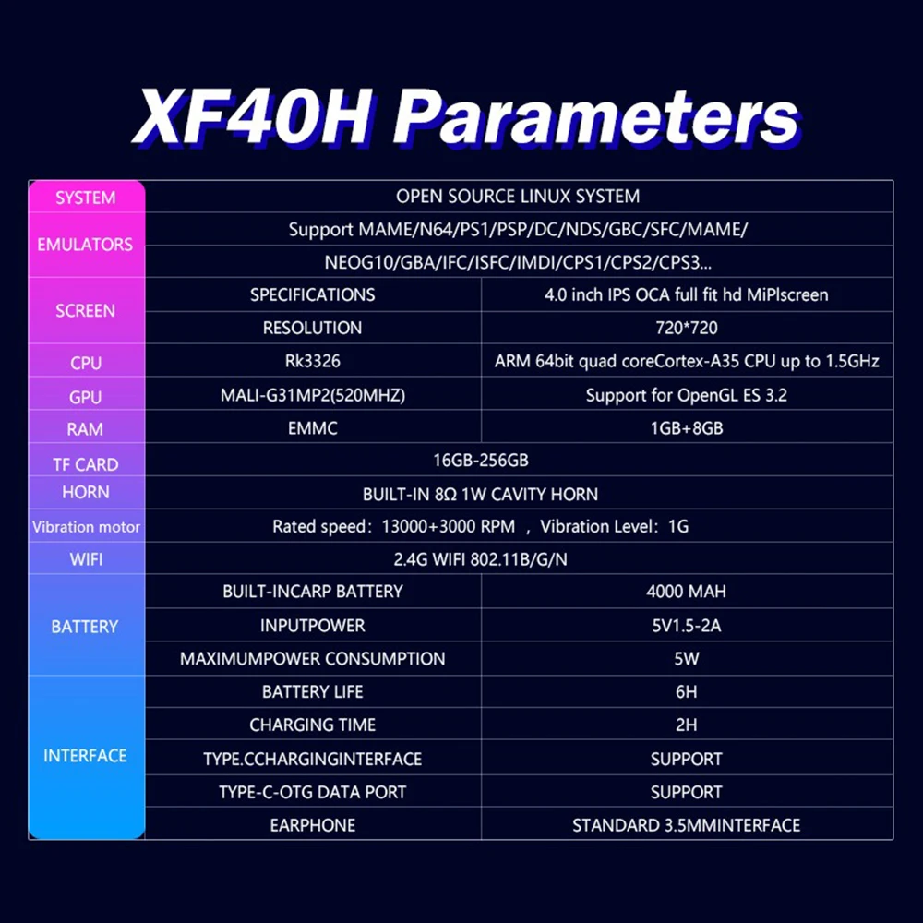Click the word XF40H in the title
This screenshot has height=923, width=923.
(x=253, y=116)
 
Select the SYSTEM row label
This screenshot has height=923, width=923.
(x=85, y=198)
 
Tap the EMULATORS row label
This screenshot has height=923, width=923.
(x=85, y=245)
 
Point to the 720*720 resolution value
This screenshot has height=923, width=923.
(x=687, y=328)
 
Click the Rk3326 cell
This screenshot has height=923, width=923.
(x=313, y=361)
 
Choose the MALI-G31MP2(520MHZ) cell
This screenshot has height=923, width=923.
(x=313, y=395)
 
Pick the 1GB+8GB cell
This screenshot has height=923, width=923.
(x=687, y=428)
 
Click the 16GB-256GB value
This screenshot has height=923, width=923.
(x=480, y=461)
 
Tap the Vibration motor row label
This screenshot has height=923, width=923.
(x=86, y=527)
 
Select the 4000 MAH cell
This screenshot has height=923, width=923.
(x=687, y=591)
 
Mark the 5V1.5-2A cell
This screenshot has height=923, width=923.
(x=687, y=625)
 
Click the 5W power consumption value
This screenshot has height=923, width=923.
(x=687, y=658)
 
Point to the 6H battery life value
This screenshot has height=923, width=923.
(x=687, y=691)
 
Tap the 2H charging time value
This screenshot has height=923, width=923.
(x=687, y=725)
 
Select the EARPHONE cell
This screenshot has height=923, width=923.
(x=313, y=825)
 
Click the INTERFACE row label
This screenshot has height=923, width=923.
(x=85, y=756)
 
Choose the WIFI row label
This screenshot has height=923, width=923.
(x=86, y=559)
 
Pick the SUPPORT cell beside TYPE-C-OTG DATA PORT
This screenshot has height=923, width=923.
(x=687, y=792)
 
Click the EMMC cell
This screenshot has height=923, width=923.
(x=313, y=428)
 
